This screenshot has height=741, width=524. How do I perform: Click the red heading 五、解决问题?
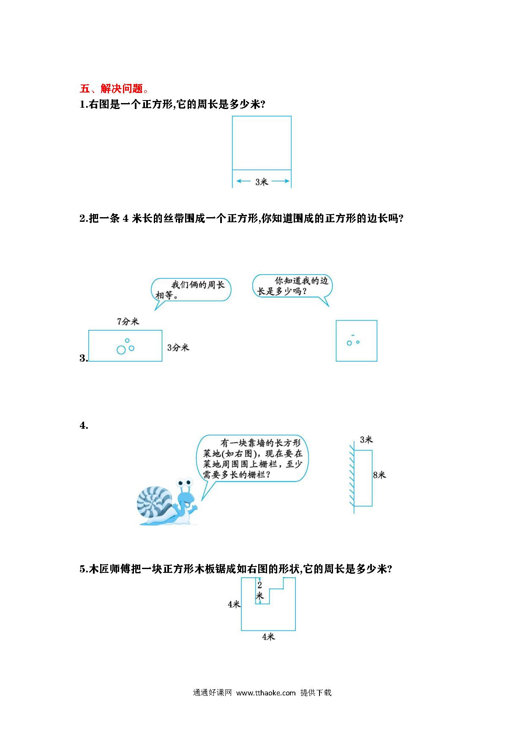click(x=114, y=88)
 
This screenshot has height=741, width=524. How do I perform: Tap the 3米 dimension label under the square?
click(x=262, y=182)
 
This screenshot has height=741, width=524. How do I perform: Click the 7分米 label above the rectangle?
click(x=128, y=321)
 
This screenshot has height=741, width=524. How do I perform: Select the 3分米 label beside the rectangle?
click(x=178, y=347)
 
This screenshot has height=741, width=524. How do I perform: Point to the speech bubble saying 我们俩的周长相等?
click(x=191, y=290)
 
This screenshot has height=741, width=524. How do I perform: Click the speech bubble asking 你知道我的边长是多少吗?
click(x=292, y=286)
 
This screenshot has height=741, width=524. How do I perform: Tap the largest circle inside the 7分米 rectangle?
click(x=121, y=350)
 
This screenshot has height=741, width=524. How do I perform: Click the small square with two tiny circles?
click(x=356, y=341)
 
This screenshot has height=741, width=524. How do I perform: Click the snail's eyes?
click(x=186, y=481)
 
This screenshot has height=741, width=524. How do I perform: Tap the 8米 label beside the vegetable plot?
click(x=379, y=475)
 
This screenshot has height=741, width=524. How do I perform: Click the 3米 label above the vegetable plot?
click(x=366, y=440)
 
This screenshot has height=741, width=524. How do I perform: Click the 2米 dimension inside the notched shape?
click(x=259, y=590)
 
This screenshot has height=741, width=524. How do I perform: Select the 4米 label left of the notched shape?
click(x=234, y=605)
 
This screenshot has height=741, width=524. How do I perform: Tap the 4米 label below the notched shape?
click(x=268, y=637)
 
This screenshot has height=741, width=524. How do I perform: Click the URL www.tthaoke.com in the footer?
click(x=266, y=692)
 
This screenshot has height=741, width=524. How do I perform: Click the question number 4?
click(x=84, y=425)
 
